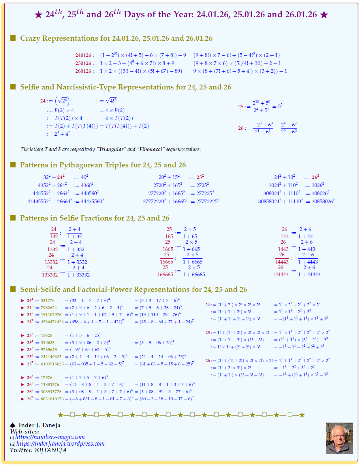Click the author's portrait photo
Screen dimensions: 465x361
pos(339,438)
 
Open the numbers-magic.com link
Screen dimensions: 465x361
pos(50,437)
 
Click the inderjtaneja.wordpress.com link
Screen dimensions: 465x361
pos(60,444)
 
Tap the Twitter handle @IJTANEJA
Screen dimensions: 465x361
pos(50,450)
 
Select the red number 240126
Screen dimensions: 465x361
pos(83,55)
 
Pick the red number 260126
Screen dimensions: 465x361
pos(83,71)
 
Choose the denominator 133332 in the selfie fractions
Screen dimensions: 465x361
pos(50,275)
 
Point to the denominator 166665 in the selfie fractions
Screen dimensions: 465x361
pos(165,274)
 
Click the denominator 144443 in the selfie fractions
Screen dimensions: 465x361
pos(281,274)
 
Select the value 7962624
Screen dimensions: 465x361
pos(49,308)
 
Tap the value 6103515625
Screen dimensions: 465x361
pos(52,364)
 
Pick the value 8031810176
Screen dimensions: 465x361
pos(52,399)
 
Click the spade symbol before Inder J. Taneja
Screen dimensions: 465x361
pos(13,425)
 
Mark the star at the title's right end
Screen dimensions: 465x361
pos(324,15)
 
